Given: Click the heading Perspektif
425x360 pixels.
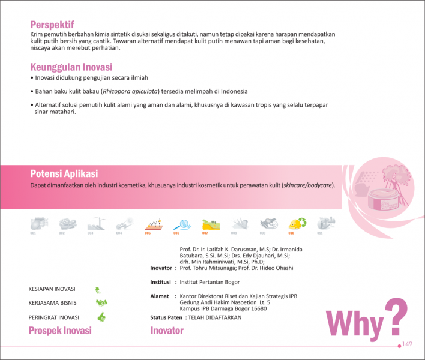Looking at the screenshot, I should tap(52, 25).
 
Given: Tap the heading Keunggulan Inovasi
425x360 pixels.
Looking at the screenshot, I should tap(71, 67).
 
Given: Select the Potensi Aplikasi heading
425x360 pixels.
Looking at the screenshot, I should tap(64, 173).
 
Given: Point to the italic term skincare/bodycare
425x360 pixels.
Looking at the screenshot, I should tap(309, 185).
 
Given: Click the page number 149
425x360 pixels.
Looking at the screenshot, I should tap(408, 344).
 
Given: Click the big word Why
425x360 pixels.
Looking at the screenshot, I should tap(354, 325).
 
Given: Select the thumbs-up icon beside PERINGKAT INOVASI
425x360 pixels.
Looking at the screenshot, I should tap(101, 316).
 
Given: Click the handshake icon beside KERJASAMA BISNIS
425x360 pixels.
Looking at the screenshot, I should tap(101, 302).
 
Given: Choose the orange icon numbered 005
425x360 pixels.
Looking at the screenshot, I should tap(152, 224).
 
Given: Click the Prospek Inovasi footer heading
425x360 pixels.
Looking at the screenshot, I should tap(60, 331).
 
